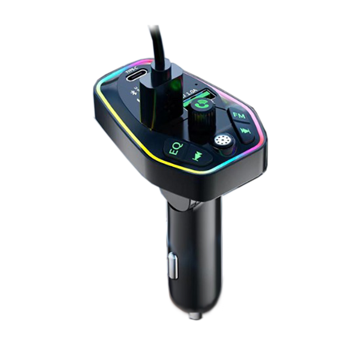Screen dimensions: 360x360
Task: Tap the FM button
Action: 239,116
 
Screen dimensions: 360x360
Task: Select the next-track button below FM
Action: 245,131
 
